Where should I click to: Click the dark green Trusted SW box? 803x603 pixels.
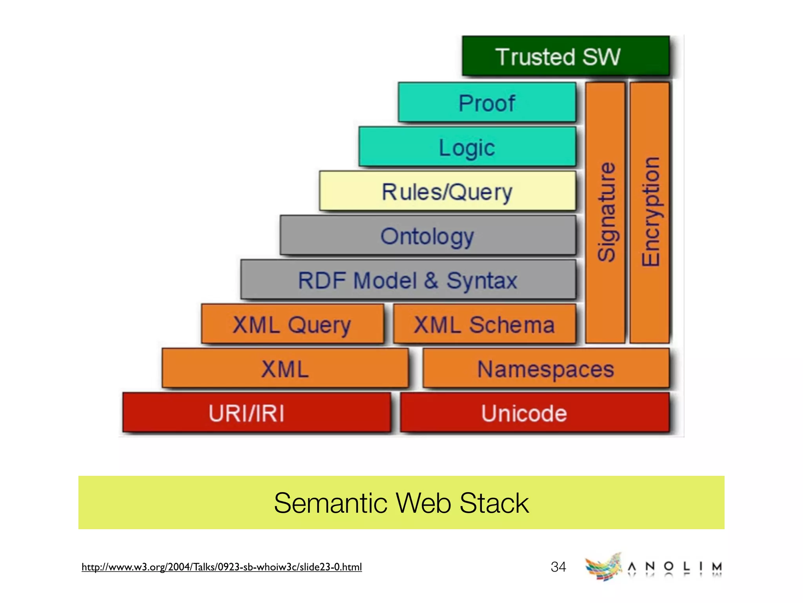pyautogui.click(x=565, y=56)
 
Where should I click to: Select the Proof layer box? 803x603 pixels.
pyautogui.click(x=487, y=102)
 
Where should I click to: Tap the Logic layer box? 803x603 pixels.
pyautogui.click(x=467, y=147)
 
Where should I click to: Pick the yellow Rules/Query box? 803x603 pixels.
pyautogui.click(x=447, y=191)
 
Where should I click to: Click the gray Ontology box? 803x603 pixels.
pyautogui.click(x=427, y=236)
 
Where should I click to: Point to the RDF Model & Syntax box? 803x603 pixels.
pyautogui.click(x=408, y=280)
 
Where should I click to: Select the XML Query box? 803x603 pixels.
pyautogui.click(x=292, y=324)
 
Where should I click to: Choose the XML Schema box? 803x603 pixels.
pyautogui.click(x=485, y=324)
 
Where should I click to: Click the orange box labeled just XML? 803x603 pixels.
pyautogui.click(x=285, y=369)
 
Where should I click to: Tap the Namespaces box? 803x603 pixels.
pyautogui.click(x=545, y=369)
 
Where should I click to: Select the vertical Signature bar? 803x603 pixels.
pyautogui.click(x=605, y=212)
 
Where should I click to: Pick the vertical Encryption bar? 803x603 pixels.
pyautogui.click(x=649, y=212)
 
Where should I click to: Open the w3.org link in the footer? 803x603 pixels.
pyautogui.click(x=222, y=567)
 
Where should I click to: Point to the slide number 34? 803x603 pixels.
pyautogui.click(x=558, y=567)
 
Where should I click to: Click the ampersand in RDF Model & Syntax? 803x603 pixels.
pyautogui.click(x=431, y=280)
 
